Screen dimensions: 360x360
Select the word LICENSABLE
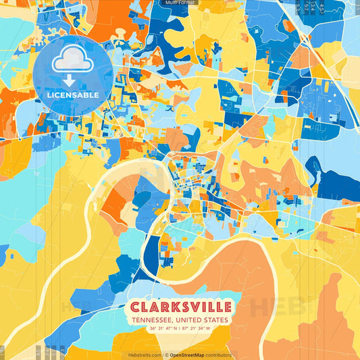pos(72,95)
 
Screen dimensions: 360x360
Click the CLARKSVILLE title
pos(180,307)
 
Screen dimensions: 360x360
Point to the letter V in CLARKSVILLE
pos(202,307)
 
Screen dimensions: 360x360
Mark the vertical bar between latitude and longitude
pos(180,330)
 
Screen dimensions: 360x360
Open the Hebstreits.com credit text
pos(145,355)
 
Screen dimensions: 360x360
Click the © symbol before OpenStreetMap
pos(166,355)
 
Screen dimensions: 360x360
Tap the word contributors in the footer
pos(217,355)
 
